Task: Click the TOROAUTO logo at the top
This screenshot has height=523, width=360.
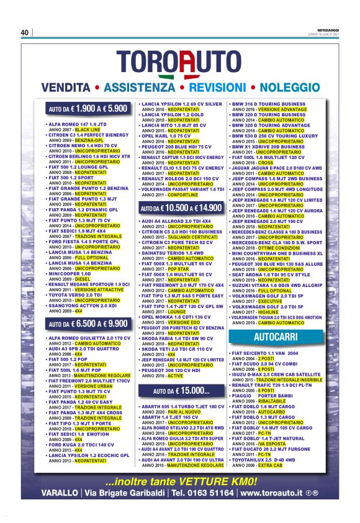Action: [180, 62]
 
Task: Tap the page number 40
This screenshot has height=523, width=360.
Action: [25, 32]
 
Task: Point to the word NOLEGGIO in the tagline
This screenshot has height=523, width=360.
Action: [290, 86]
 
